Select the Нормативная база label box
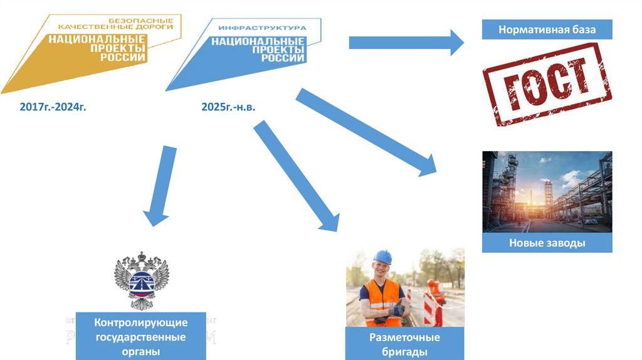point(547,29)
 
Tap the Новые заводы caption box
point(547,243)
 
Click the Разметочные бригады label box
point(405,344)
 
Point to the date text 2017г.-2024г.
point(53,107)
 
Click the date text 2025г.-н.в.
point(228,107)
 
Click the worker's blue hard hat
point(382,257)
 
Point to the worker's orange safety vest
point(381,301)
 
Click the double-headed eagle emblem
point(141,281)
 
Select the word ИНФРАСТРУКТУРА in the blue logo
point(262,28)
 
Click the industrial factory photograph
point(547,191)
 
